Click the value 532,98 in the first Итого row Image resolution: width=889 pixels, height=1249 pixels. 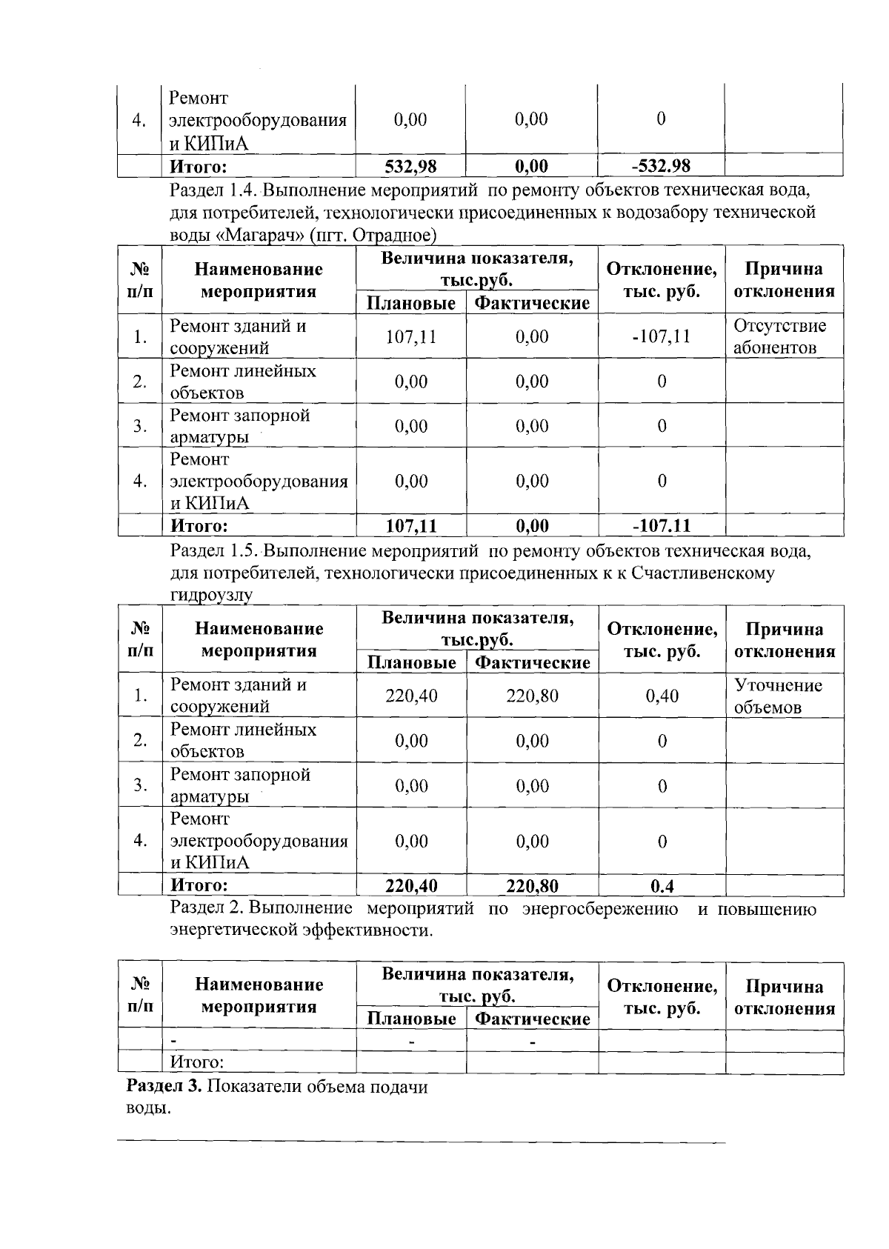point(410,166)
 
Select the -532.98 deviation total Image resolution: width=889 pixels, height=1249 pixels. point(660,166)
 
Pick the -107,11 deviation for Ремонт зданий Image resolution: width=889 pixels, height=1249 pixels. point(661,337)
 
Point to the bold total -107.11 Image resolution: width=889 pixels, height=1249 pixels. point(661,526)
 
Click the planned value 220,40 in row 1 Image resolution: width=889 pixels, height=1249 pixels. point(411,696)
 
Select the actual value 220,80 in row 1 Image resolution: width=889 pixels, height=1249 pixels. point(532,696)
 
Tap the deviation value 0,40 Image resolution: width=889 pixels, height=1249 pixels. point(662,696)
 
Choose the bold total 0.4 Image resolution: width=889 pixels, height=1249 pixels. point(662,886)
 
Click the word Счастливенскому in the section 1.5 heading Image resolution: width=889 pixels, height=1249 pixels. point(703,573)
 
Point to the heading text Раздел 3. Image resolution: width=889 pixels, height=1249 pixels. point(164,1087)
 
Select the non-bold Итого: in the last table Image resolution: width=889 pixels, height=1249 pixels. point(197,1062)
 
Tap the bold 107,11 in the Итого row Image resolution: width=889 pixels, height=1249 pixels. point(411,526)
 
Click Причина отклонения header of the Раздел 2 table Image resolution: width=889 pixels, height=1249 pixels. point(784,997)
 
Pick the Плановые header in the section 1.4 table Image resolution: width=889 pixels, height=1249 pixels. point(411,303)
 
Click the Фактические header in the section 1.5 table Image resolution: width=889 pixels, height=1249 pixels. point(532,662)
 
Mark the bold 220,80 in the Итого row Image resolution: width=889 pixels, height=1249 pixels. point(532,886)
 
